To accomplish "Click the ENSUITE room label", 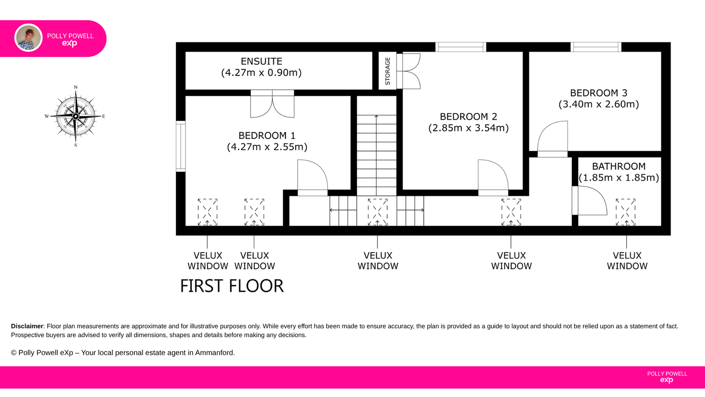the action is pyautogui.click(x=262, y=61).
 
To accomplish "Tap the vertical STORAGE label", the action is pyautogui.click(x=387, y=71).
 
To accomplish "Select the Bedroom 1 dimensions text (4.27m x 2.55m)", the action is pyautogui.click(x=267, y=147).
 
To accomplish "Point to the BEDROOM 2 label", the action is pyautogui.click(x=468, y=116).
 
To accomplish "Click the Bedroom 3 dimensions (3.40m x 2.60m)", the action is pyautogui.click(x=599, y=104).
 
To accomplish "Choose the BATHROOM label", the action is pyautogui.click(x=619, y=166).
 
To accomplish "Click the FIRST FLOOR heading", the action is pyautogui.click(x=232, y=286).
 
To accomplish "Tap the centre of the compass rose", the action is pyautogui.click(x=75, y=116).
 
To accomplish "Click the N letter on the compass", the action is pyautogui.click(x=75, y=87).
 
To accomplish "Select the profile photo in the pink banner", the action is pyautogui.click(x=28, y=38).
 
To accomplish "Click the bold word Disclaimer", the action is pyautogui.click(x=27, y=326).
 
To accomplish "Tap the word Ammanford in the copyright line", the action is pyautogui.click(x=214, y=352).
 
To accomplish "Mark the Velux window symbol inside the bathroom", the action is pyautogui.click(x=626, y=212).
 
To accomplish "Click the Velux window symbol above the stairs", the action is pyautogui.click(x=377, y=212).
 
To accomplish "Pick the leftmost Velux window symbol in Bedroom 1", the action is pyautogui.click(x=208, y=212).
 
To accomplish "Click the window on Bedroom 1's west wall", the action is pyautogui.click(x=181, y=146).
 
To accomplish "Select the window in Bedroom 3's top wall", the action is pyautogui.click(x=596, y=47).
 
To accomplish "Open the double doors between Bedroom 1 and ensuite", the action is pyautogui.click(x=272, y=104).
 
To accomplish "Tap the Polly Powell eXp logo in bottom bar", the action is pyautogui.click(x=667, y=377).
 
